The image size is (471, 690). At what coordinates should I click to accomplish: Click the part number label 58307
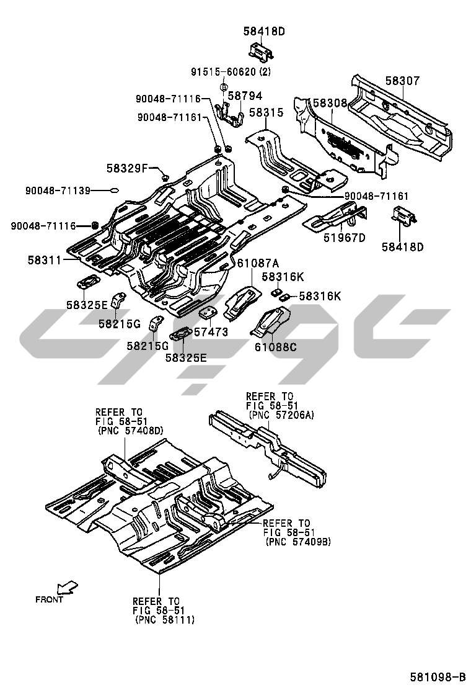pyautogui.click(x=402, y=81)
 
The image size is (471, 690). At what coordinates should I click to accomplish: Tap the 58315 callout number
pyautogui.click(x=266, y=112)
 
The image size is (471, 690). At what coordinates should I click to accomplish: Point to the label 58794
pyautogui.click(x=245, y=96)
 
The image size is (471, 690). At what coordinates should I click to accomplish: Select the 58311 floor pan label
pyautogui.click(x=44, y=261)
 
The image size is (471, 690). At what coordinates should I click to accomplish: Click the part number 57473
pyautogui.click(x=211, y=332)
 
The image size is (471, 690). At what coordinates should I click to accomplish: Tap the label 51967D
pyautogui.click(x=344, y=238)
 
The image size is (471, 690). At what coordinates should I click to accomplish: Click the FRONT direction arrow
pyautogui.click(x=66, y=587)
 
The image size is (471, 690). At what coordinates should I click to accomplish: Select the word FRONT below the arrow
pyautogui.click(x=50, y=599)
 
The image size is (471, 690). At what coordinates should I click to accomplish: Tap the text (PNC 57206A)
pyautogui.click(x=281, y=414)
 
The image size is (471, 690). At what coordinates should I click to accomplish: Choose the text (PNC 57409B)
pyautogui.click(x=297, y=541)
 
